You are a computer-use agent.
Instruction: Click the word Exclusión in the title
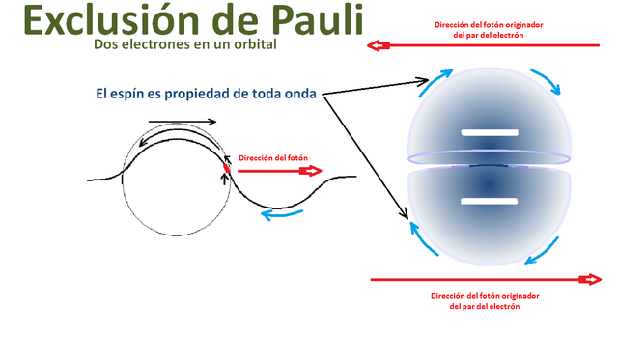pos(101,21)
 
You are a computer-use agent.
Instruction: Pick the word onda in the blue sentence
pos(302,94)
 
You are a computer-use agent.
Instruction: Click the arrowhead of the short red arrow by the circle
pos(311,171)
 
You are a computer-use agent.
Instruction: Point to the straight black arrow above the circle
pos(183,122)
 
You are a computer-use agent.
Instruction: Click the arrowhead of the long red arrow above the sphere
pos(378,45)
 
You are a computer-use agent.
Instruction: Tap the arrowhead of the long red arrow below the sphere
pos(587,280)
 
